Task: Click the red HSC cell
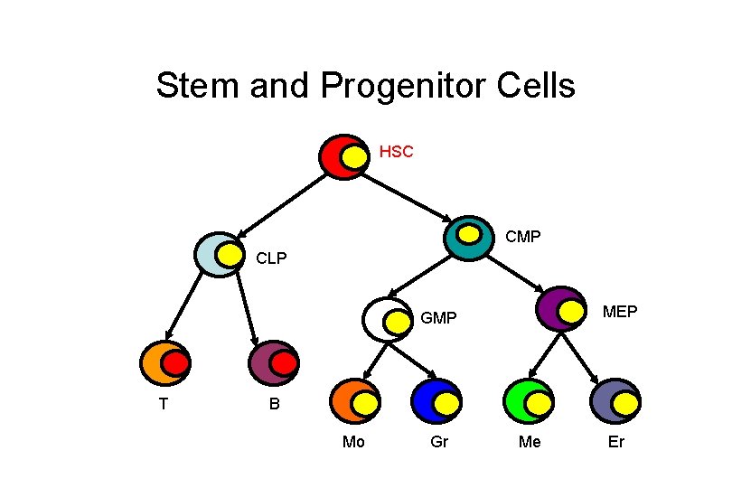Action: click(343, 157)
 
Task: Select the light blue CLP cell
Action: click(220, 255)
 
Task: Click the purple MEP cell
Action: click(559, 309)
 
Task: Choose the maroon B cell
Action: click(273, 363)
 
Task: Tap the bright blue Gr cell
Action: click(436, 401)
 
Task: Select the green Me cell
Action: click(529, 401)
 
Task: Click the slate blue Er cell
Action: click(615, 401)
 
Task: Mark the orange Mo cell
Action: click(354, 401)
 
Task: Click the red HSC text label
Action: click(396, 152)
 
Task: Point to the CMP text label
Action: click(523, 238)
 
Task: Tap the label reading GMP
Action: click(439, 318)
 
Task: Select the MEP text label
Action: click(620, 312)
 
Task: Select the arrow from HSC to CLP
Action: click(279, 203)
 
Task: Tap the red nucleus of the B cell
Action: click(284, 364)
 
